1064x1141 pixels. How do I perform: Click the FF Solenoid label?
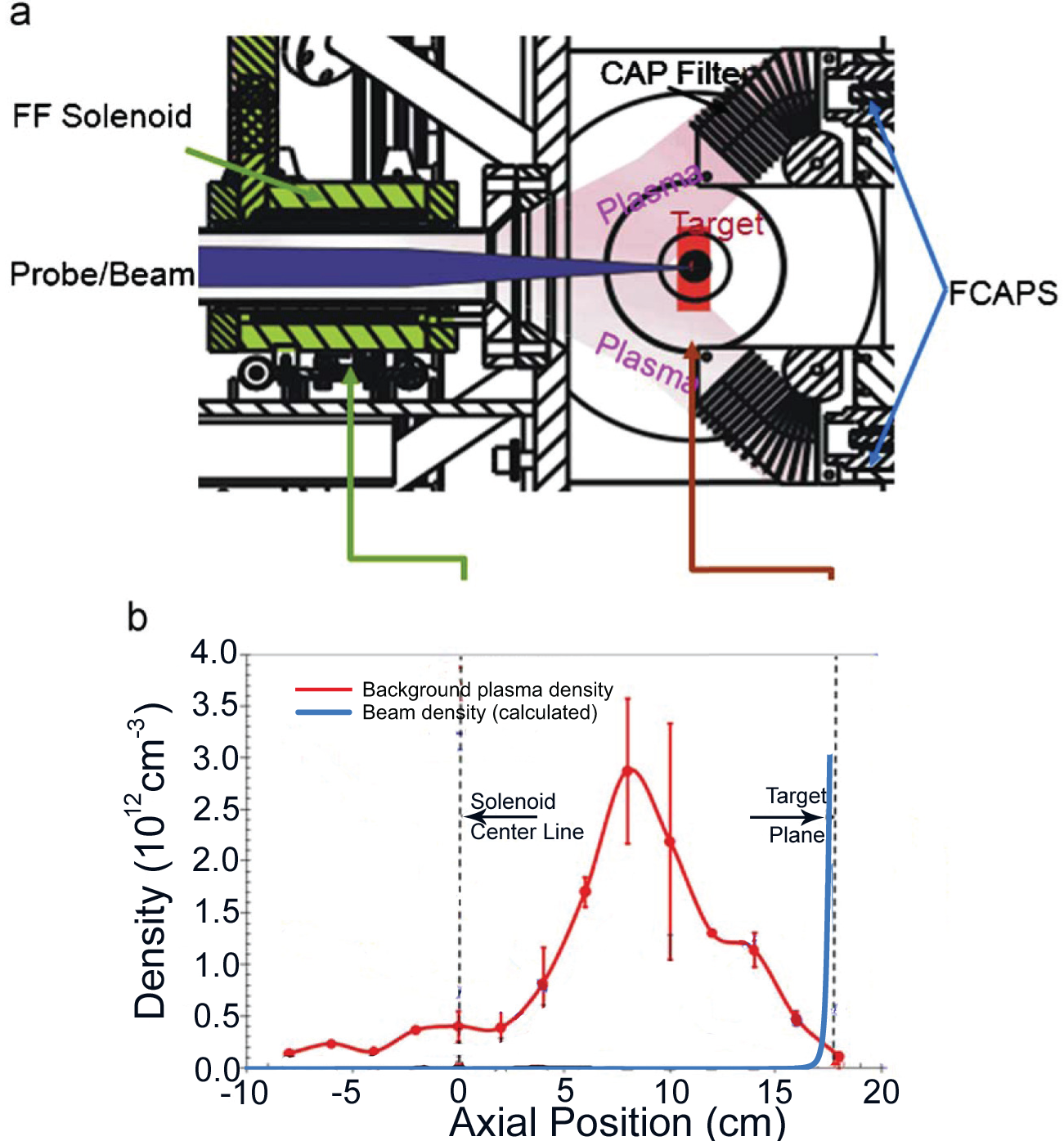102,116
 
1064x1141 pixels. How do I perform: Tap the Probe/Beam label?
102,274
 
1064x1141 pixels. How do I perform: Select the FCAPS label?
1002,293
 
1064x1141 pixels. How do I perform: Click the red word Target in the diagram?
718,224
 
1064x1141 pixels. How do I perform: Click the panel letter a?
20,14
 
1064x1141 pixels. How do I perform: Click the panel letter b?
137,617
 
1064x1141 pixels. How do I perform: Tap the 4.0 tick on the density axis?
213,653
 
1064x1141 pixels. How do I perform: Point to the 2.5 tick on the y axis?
213,809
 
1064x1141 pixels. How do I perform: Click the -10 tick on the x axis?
245,1092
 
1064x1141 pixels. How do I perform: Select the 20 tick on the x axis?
881,1092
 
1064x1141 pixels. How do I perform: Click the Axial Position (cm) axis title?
617,1121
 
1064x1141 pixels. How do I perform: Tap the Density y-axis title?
150,859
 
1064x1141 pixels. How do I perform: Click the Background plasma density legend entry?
487,690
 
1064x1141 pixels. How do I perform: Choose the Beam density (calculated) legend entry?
479,712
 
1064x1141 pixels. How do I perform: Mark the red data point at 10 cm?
670,841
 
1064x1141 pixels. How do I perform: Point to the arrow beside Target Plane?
786,817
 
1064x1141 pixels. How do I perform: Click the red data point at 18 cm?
837,1058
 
